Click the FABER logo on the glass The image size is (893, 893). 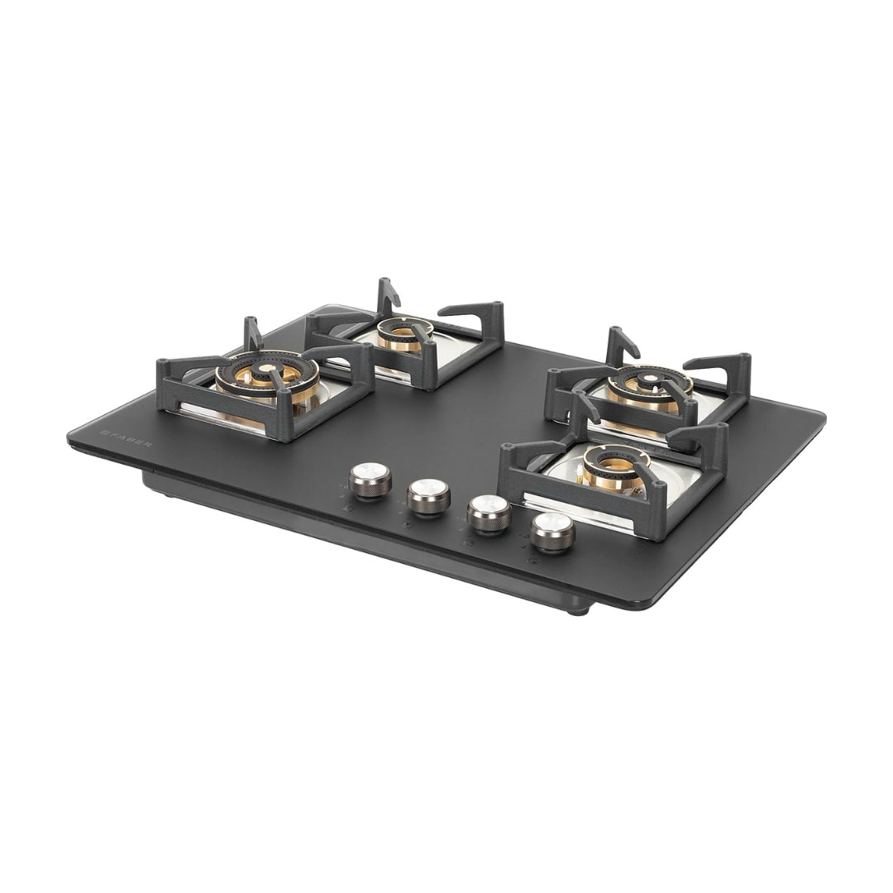126,438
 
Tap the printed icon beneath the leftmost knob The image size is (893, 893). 348,509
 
